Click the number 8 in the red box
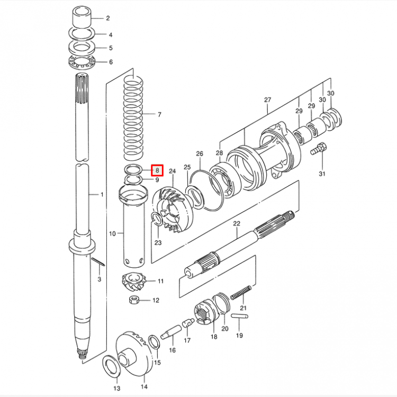(157, 170)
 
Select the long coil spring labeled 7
(133, 116)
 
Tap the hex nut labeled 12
(134, 301)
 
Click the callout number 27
(267, 100)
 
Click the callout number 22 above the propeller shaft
(237, 224)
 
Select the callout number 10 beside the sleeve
(112, 233)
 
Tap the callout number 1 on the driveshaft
(103, 195)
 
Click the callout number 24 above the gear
(172, 172)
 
